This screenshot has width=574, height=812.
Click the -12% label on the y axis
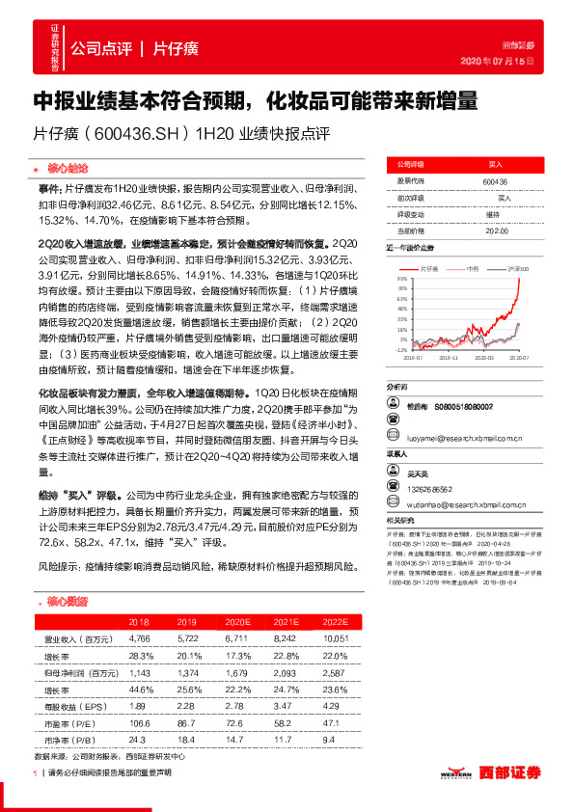pos(399,351)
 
